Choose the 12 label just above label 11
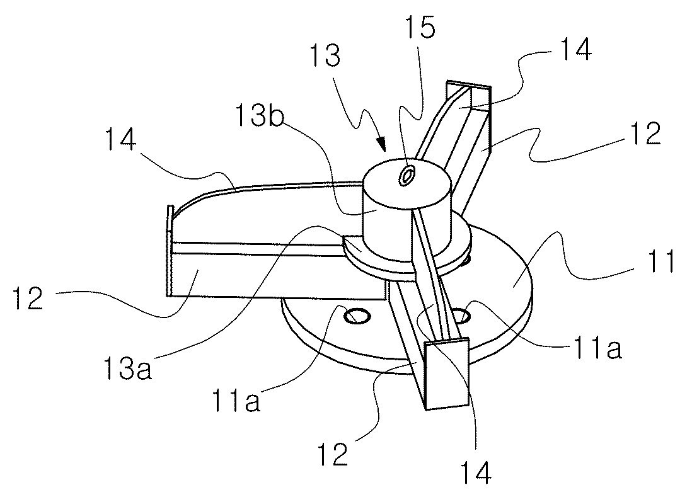[x=645, y=134]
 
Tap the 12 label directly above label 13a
[x=28, y=297]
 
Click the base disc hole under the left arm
[x=357, y=316]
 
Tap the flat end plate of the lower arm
[x=447, y=374]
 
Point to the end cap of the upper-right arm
[x=469, y=85]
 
